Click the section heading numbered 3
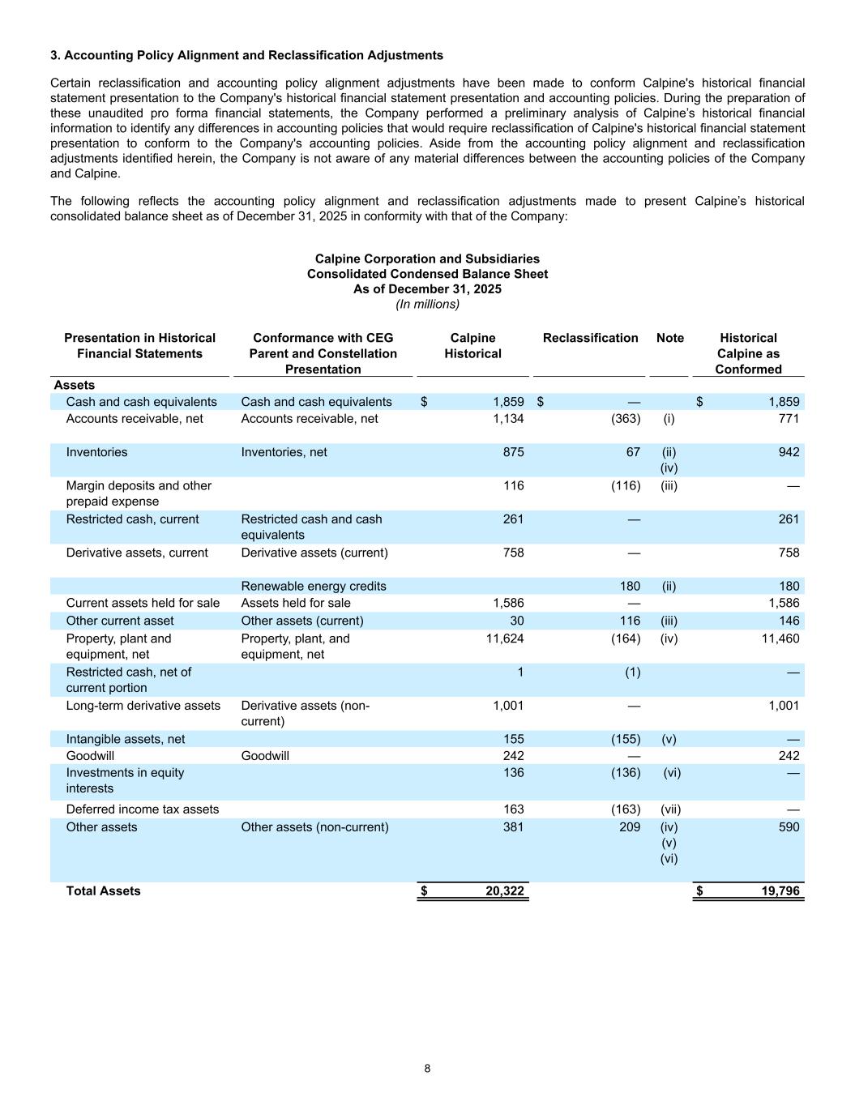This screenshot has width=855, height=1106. [x=246, y=55]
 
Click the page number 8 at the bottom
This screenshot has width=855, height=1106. [x=427, y=1068]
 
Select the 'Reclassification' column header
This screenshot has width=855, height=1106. [x=590, y=338]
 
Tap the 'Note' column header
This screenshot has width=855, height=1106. [x=669, y=338]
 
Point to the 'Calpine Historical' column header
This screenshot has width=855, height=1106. [x=472, y=346]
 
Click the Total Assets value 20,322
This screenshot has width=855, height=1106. [x=504, y=891]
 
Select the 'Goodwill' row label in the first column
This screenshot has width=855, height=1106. [x=90, y=756]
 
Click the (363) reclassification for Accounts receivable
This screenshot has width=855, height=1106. [x=625, y=419]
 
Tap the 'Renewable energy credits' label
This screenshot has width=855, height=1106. [x=313, y=586]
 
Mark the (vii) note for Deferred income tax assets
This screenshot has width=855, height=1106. [x=670, y=809]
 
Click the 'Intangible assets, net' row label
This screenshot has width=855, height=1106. [x=125, y=739]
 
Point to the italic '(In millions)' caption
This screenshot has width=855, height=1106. [x=427, y=304]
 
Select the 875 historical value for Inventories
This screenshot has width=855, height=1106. [x=513, y=452]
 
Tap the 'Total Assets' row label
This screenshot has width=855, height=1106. [x=103, y=891]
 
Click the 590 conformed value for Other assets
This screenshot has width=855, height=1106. [x=788, y=827]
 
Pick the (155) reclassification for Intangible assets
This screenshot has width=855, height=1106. [x=625, y=739]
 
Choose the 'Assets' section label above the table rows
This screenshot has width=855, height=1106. [x=74, y=385]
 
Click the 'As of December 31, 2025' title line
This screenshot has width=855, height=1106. [x=427, y=289]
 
